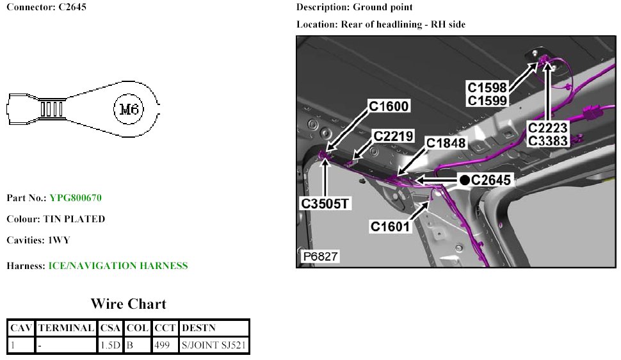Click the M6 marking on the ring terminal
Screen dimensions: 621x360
coord(130,109)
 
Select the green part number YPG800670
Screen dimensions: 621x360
coord(76,198)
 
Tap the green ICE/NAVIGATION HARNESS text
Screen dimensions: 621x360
coord(118,265)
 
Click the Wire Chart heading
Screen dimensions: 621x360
coord(128,304)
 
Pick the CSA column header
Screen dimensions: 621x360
coord(111,328)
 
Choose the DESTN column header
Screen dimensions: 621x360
coord(199,328)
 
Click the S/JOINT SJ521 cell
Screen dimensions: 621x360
coord(214,345)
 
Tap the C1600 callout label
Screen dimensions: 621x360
coord(389,106)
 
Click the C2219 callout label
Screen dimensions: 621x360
coord(394,136)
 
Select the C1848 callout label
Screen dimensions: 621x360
coord(446,143)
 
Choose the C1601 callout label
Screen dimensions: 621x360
coord(391,226)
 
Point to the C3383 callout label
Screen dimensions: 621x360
coord(549,141)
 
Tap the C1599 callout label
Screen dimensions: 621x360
coord(487,100)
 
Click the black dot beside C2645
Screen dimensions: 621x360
coord(464,180)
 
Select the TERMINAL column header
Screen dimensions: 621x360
coord(67,328)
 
